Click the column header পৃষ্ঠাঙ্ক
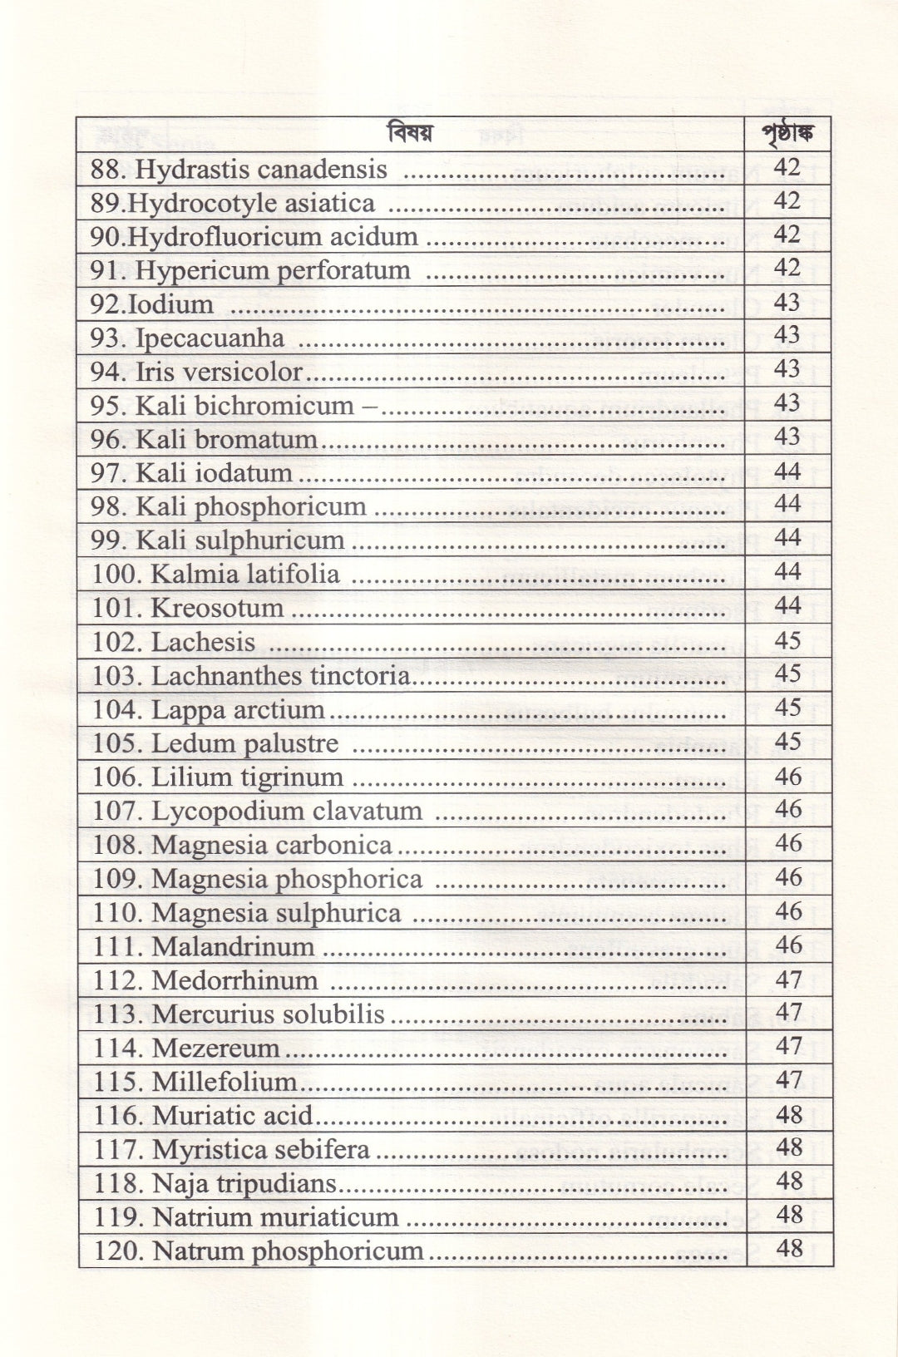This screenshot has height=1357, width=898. click(x=787, y=134)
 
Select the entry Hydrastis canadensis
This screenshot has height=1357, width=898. click(x=260, y=170)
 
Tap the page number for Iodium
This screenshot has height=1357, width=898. click(x=787, y=302)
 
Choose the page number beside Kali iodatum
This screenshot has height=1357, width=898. click(x=787, y=471)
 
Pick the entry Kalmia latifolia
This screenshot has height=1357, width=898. click(x=245, y=574)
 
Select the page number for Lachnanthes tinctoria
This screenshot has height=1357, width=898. click(x=787, y=674)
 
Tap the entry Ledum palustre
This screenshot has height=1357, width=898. click(x=244, y=743)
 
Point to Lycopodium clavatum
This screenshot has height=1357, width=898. click(x=286, y=811)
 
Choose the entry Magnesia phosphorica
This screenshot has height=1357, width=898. click(x=287, y=879)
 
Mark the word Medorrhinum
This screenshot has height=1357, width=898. click(x=234, y=980)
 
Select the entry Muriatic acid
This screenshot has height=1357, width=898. click(x=232, y=1116)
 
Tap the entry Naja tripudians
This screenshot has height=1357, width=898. click(x=244, y=1183)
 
